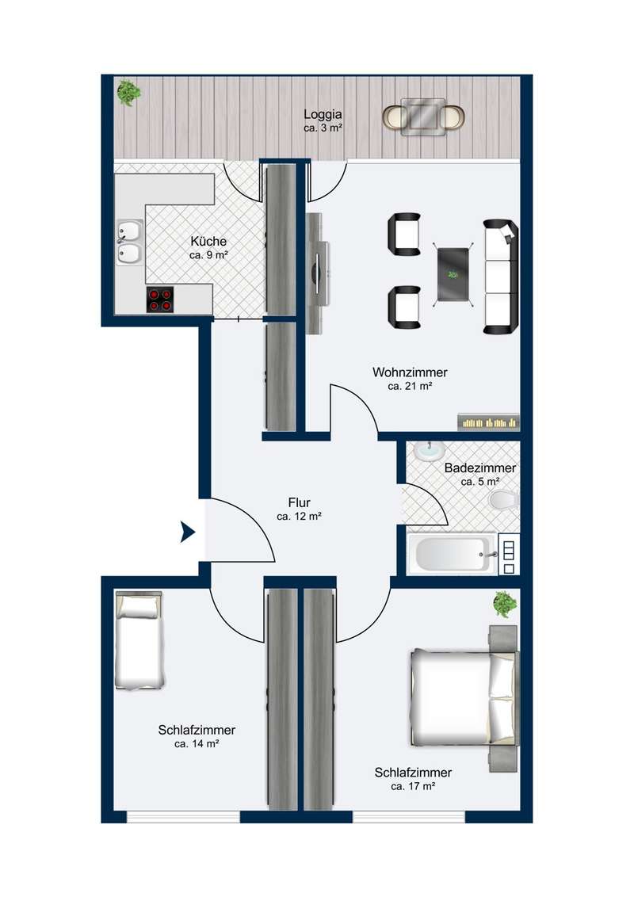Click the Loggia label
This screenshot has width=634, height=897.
pos(323,114)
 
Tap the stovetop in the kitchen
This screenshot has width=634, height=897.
pos(159,300)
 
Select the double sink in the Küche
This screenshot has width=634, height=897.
pos(130,242)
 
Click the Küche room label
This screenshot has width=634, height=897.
pos(208,242)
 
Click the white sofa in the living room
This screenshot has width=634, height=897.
pos(501,277)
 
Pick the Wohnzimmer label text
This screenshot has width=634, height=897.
pos(410,372)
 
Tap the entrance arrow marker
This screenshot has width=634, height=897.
pos(188,532)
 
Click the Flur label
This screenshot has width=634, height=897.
pos(300,502)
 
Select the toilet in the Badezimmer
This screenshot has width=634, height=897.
pos(504,499)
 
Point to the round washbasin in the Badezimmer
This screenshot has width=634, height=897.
pos(430,450)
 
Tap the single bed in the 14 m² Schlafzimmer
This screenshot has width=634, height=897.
pos(139,640)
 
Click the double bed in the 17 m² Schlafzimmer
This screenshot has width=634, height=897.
pos(464,698)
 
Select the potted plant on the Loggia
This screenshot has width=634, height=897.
pos(128,93)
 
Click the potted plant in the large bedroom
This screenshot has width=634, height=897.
pos(505,604)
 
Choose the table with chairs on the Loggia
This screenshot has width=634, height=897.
pos(423,117)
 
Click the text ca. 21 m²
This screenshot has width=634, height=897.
pos(410,386)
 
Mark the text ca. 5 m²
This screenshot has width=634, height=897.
pos(480,482)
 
